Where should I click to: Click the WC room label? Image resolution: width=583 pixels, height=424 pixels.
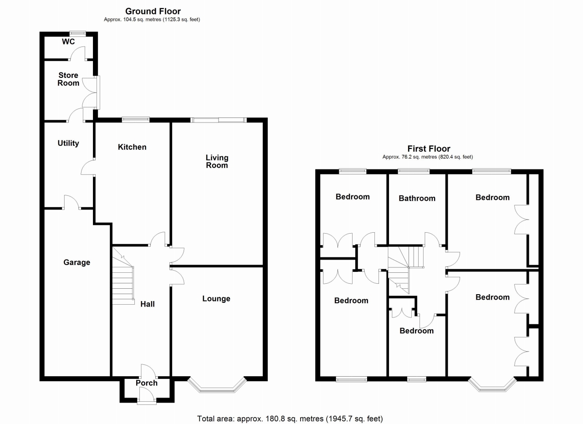coord(68,42)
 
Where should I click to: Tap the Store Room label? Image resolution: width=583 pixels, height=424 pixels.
coord(68,79)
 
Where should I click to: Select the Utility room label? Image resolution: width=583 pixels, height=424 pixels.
coord(68,143)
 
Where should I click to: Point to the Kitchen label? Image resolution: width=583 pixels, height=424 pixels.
coord(132,147)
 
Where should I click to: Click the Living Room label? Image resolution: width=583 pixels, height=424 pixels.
coord(217,161)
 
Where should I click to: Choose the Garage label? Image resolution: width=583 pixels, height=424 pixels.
coord(77,262)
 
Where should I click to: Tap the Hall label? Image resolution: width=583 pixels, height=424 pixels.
coord(147,304)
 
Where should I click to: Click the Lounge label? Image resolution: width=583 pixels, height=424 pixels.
coord(216,299)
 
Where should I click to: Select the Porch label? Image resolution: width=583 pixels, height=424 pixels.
coord(147,383)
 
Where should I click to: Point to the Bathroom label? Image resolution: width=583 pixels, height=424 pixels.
coord(417,198)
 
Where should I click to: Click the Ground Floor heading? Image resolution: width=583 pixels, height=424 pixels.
coord(153,11)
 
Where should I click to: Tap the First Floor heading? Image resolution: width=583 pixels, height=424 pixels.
coord(428,148)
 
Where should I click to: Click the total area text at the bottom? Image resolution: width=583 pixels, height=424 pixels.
coord(290,418)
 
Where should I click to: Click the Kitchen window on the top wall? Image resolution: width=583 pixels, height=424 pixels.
coord(136,120)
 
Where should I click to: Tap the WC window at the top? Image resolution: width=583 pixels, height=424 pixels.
coord(77,33)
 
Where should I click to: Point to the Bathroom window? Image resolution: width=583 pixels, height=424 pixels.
coord(414,171)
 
